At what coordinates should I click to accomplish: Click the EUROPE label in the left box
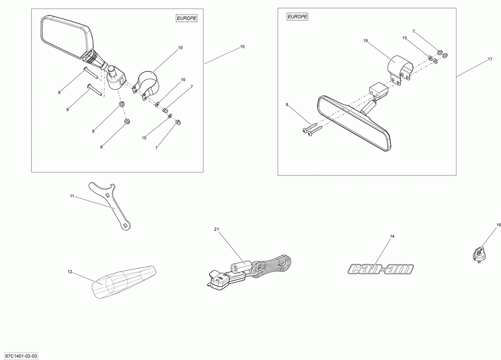click(x=187, y=18)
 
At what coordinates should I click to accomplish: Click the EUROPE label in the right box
click(x=298, y=17)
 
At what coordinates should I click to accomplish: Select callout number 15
click(x=242, y=47)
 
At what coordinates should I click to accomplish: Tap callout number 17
click(x=490, y=59)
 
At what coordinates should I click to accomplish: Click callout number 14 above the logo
click(x=392, y=236)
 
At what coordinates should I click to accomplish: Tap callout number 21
click(x=216, y=229)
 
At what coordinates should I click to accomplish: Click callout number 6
click(x=101, y=147)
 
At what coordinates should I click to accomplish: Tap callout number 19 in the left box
click(x=180, y=48)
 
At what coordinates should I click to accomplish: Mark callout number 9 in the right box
click(x=287, y=104)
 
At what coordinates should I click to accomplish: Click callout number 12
click(x=70, y=272)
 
